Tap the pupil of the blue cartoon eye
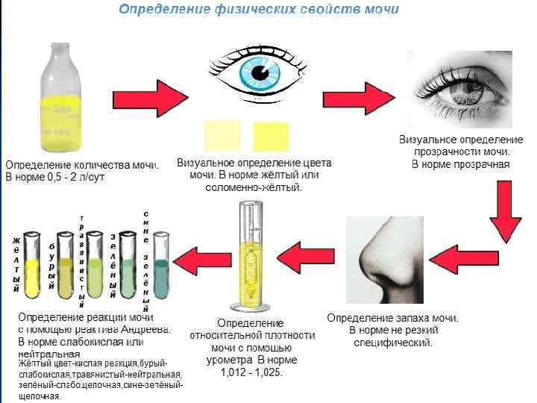(x=260, y=72)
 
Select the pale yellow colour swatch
(x=222, y=137)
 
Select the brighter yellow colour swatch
(x=270, y=137)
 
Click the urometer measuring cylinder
(x=249, y=257)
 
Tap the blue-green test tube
(x=162, y=263)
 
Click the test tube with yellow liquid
(x=32, y=265)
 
